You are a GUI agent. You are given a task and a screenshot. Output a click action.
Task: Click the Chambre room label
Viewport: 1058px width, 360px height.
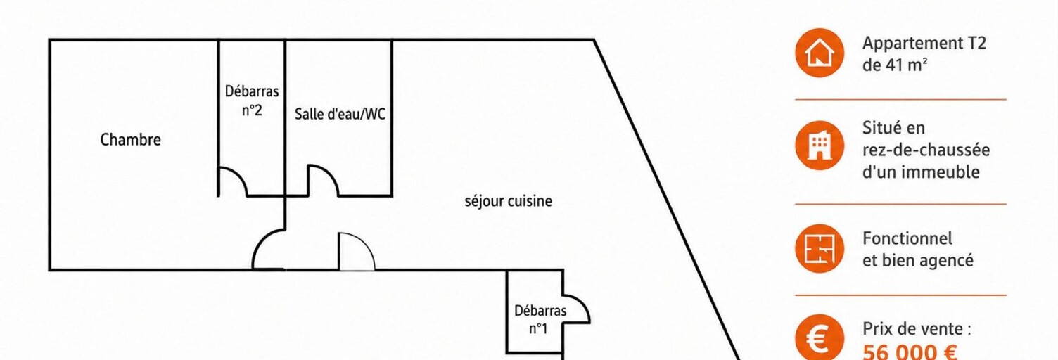[x=130, y=140]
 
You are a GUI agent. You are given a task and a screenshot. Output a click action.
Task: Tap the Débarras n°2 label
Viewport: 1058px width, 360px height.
[x=252, y=100]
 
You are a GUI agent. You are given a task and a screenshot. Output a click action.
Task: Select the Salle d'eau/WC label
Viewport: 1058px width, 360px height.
[x=340, y=114]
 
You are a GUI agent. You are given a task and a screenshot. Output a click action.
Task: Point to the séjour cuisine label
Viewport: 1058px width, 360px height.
[x=508, y=202]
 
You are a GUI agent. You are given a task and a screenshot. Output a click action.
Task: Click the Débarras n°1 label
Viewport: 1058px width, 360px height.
[x=540, y=319]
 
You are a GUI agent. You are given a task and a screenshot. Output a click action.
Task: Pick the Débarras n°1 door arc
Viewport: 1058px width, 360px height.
[x=584, y=304]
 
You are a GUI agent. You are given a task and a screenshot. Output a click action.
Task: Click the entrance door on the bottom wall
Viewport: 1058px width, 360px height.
[x=357, y=252]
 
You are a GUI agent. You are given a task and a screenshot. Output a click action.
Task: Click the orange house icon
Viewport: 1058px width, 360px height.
[x=819, y=53]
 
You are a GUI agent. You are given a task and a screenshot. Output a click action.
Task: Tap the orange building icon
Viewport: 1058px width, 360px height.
[x=819, y=146]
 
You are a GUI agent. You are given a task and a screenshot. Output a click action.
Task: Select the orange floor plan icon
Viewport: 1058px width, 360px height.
[x=819, y=248]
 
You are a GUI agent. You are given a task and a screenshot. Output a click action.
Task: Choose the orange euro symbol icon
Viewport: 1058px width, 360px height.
[x=819, y=337]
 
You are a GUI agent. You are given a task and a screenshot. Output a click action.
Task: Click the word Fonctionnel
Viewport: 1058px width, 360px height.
[x=907, y=238]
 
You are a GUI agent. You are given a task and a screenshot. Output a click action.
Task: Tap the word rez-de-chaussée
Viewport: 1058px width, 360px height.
[x=926, y=150]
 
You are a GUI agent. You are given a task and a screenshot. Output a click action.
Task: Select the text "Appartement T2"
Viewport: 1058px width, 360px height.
[x=924, y=43]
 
